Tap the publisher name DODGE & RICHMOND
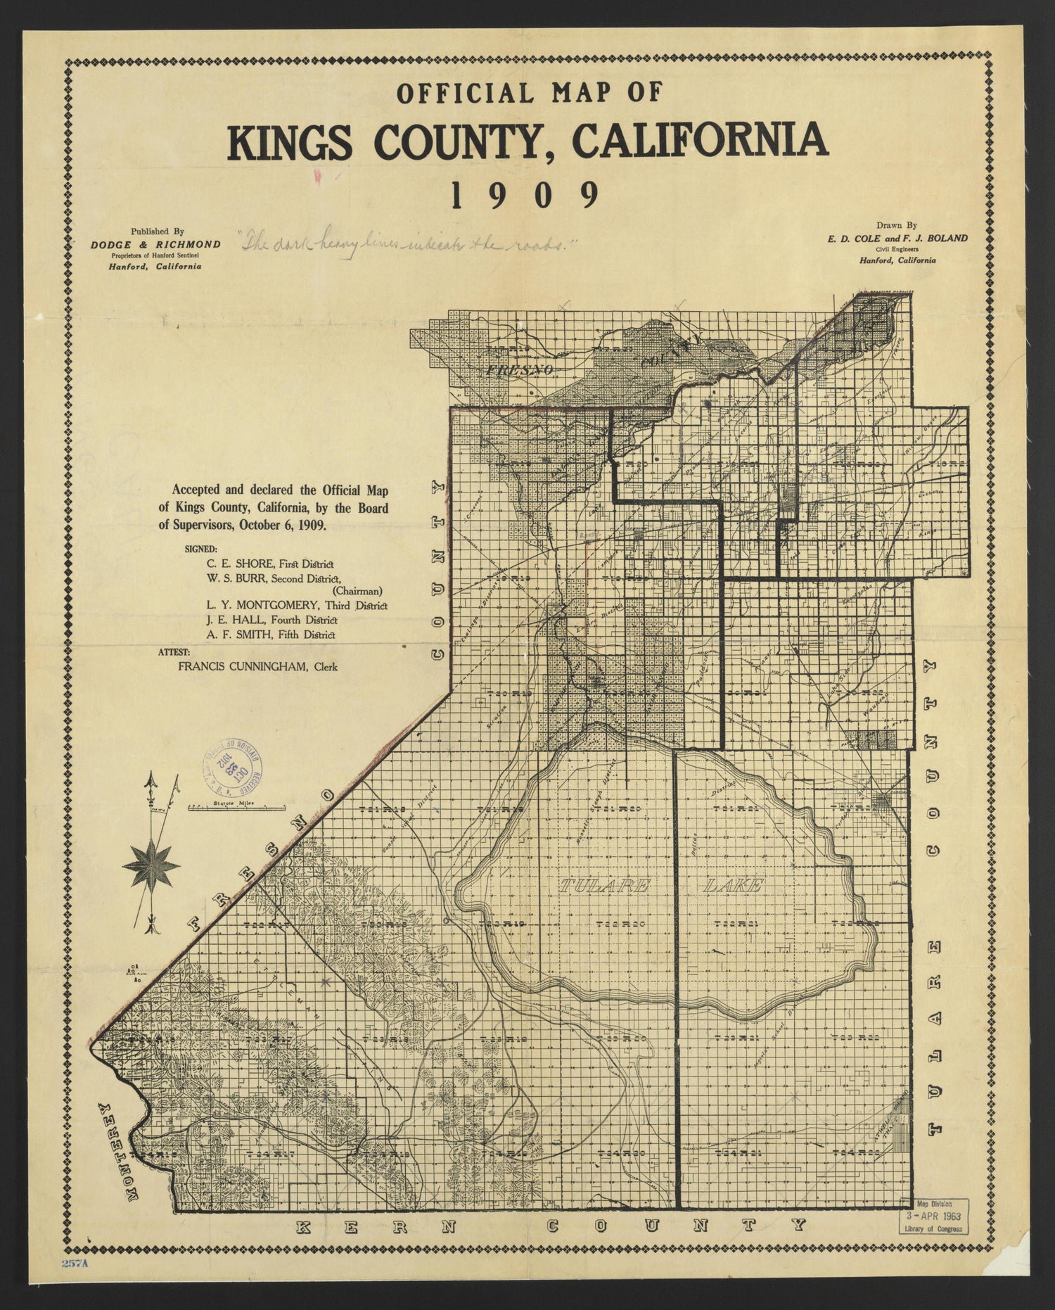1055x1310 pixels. [155, 244]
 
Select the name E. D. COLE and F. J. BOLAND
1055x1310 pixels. [897, 238]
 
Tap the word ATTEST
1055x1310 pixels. [174, 651]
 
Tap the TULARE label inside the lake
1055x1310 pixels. [603, 886]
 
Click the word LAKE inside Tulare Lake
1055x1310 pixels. [733, 886]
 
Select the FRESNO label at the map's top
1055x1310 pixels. [520, 369]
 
